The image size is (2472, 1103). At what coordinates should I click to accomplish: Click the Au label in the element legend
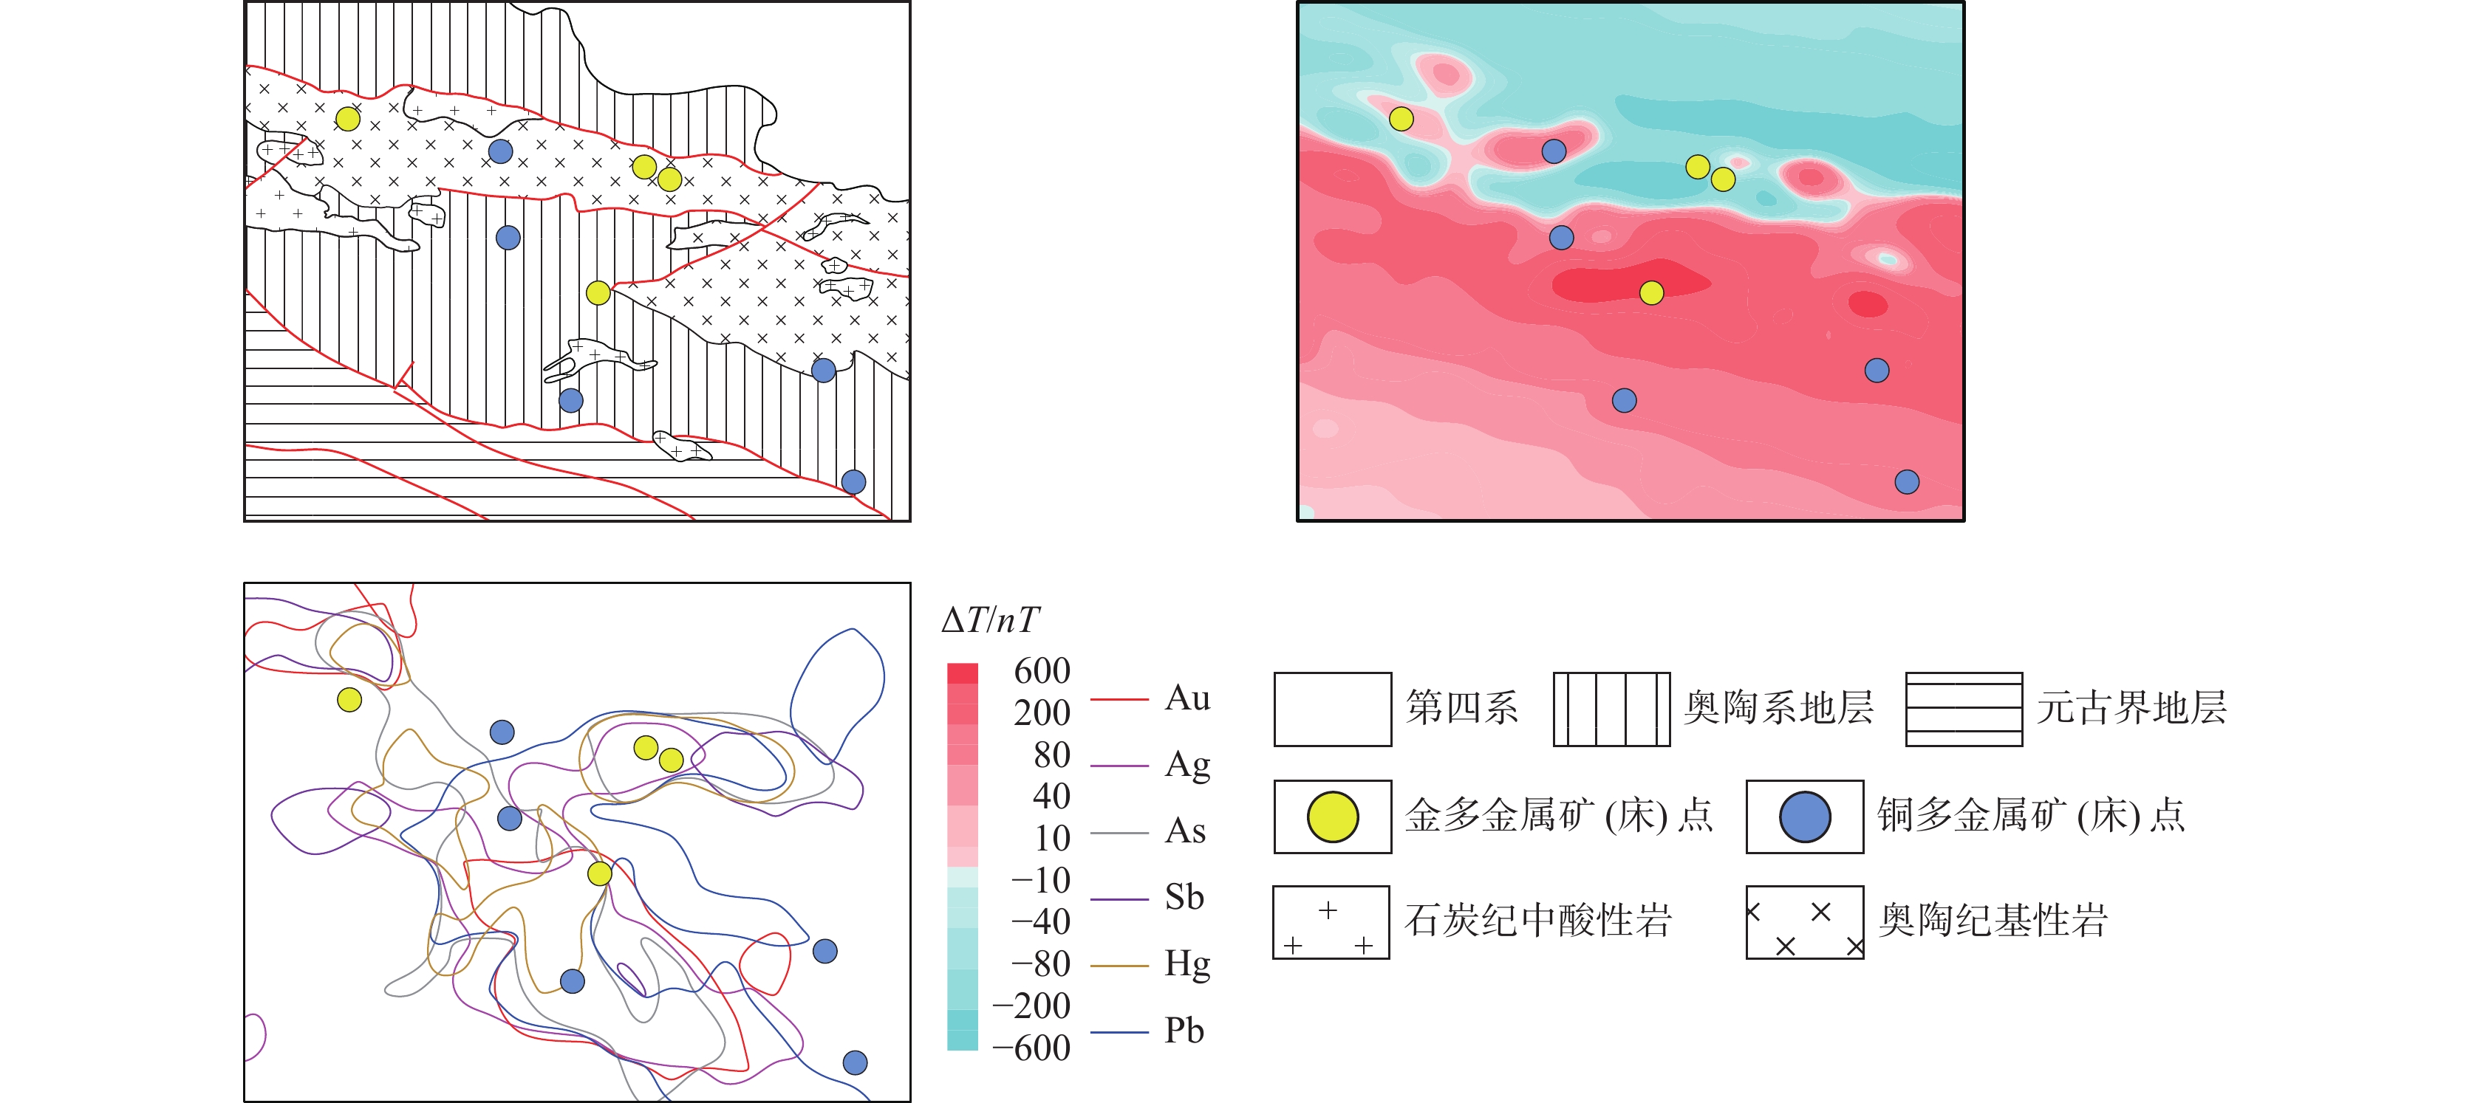tap(1187, 698)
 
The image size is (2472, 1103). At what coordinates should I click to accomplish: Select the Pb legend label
tap(1184, 1031)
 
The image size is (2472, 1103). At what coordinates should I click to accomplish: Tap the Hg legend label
tap(1187, 965)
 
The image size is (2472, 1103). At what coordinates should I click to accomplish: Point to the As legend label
tap(1185, 831)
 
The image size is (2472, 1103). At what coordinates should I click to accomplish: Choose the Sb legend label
tap(1184, 898)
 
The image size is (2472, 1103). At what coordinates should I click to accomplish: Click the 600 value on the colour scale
tap(1041, 670)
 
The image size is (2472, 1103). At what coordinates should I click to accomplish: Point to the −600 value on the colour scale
tap(1031, 1048)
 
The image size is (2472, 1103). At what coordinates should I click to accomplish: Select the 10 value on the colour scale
tap(1053, 838)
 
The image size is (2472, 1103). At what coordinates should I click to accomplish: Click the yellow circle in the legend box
tap(1332, 817)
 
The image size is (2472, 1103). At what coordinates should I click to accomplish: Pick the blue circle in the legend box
tap(1804, 817)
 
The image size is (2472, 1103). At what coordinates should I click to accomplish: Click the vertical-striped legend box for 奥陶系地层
tap(1611, 709)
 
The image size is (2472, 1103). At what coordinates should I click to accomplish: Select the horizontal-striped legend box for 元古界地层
tap(1964, 709)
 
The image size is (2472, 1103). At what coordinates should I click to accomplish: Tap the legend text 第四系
tap(1461, 708)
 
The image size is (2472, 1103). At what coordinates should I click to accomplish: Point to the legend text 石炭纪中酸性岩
tap(1538, 921)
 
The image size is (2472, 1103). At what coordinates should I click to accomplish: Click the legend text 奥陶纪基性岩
tap(1993, 921)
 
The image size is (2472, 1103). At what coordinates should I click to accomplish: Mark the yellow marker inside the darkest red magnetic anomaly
tap(1651, 292)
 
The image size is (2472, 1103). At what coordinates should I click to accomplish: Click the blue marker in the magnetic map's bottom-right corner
tap(1907, 481)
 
